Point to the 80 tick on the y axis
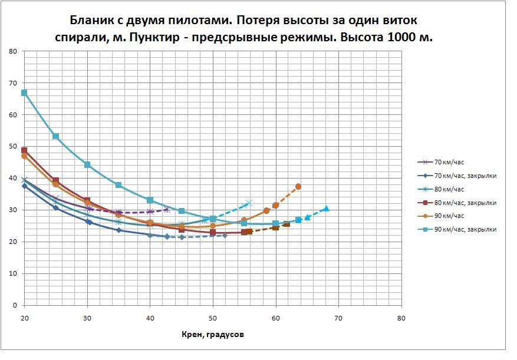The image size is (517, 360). point(12,51)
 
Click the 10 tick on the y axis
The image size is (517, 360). point(12,274)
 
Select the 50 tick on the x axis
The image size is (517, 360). point(213,318)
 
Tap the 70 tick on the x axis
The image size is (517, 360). point(338,318)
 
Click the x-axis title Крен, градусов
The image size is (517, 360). point(213,335)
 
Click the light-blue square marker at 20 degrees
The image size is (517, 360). point(24,93)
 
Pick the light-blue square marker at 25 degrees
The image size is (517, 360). point(55,136)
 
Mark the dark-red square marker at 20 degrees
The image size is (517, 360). point(24,150)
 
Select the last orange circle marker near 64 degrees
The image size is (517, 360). point(298,186)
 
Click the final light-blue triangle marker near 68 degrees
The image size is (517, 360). point(326,209)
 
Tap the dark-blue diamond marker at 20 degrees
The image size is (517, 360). point(24,186)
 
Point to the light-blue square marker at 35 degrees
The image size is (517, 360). point(118,185)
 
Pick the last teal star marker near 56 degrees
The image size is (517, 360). point(248,203)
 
